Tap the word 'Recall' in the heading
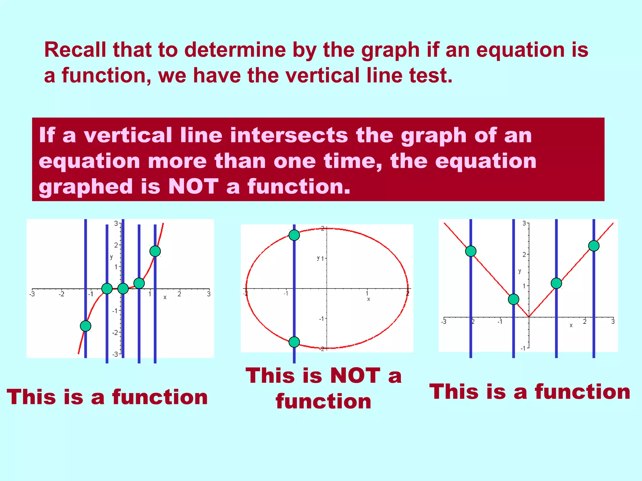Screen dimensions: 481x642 [75, 50]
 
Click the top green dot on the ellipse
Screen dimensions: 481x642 [294, 235]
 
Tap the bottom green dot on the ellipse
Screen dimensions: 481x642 [294, 342]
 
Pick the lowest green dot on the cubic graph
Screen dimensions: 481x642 [86, 326]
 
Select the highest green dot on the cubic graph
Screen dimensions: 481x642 [155, 251]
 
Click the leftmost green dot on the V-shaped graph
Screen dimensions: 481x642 [471, 251]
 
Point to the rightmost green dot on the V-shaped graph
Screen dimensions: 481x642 [594, 246]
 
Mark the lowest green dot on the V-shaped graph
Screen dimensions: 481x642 [513, 299]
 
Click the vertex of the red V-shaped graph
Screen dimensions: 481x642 [529, 317]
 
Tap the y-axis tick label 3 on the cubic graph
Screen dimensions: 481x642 [116, 224]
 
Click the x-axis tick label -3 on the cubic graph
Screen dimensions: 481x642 [32, 294]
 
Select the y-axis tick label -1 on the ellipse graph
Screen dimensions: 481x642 [322, 319]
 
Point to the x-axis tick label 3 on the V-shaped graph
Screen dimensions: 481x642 [613, 322]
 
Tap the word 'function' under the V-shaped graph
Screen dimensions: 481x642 [582, 392]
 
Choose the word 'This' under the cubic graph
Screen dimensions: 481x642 [31, 397]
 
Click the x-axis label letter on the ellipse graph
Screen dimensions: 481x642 [369, 299]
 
